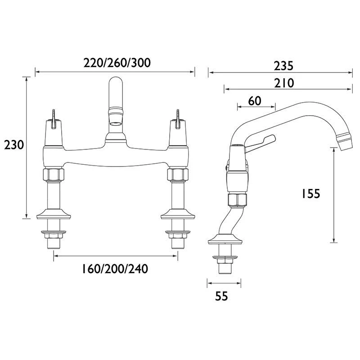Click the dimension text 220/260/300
tap(117, 63)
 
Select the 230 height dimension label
tap(13, 145)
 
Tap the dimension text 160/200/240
tap(115, 269)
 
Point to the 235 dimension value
tap(283, 66)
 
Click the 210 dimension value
tap(283, 83)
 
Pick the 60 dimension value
tap(255, 101)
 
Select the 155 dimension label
tap(310, 193)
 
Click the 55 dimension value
tap(221, 296)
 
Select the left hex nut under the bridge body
tap(54, 175)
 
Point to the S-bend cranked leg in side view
tap(227, 220)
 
